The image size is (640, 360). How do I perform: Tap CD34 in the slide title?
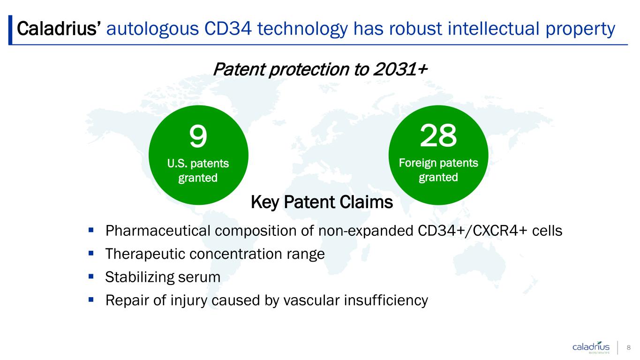(228, 29)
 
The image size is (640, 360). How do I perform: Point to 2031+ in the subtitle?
(400, 69)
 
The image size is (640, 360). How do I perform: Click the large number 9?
(198, 136)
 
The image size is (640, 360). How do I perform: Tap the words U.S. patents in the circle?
(198, 164)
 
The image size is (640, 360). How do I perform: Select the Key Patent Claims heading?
(322, 202)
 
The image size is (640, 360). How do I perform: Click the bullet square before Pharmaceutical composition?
(91, 230)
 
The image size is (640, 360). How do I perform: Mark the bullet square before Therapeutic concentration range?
(91, 253)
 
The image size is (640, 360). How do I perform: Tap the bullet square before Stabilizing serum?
(91, 276)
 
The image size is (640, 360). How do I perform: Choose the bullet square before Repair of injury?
(91, 300)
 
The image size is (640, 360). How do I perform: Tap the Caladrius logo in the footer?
(591, 347)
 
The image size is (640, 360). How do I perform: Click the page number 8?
(629, 347)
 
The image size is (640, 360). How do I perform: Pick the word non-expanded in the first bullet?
(366, 231)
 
